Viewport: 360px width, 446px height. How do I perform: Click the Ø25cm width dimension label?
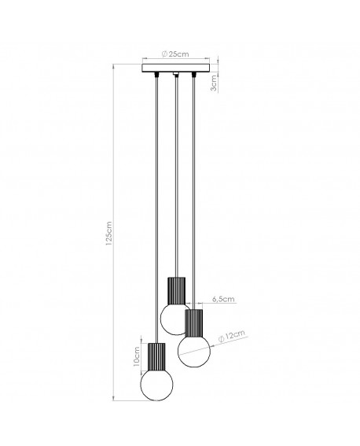click(174, 54)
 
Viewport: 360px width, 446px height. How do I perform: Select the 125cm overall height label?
click(110, 231)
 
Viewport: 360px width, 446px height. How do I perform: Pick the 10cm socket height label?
click(137, 359)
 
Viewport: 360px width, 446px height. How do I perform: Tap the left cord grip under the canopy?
click(156, 76)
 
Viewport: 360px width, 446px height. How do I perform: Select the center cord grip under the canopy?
click(174, 76)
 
